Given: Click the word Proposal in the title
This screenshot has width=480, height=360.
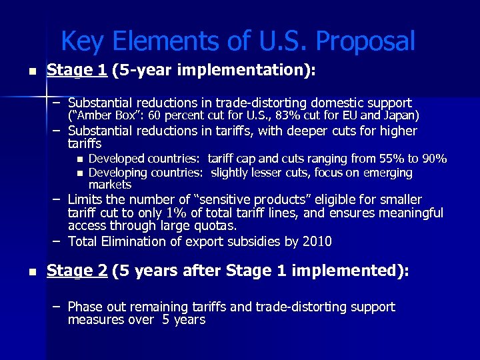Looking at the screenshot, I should [x=365, y=42].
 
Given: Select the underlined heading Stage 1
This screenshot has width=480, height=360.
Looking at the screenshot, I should [x=77, y=70].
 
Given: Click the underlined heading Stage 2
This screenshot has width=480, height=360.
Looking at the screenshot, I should [x=77, y=271].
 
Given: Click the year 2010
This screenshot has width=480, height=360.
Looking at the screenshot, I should [x=317, y=241].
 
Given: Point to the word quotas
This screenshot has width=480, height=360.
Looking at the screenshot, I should [x=215, y=226].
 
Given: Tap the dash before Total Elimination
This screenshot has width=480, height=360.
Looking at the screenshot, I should [x=58, y=241].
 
